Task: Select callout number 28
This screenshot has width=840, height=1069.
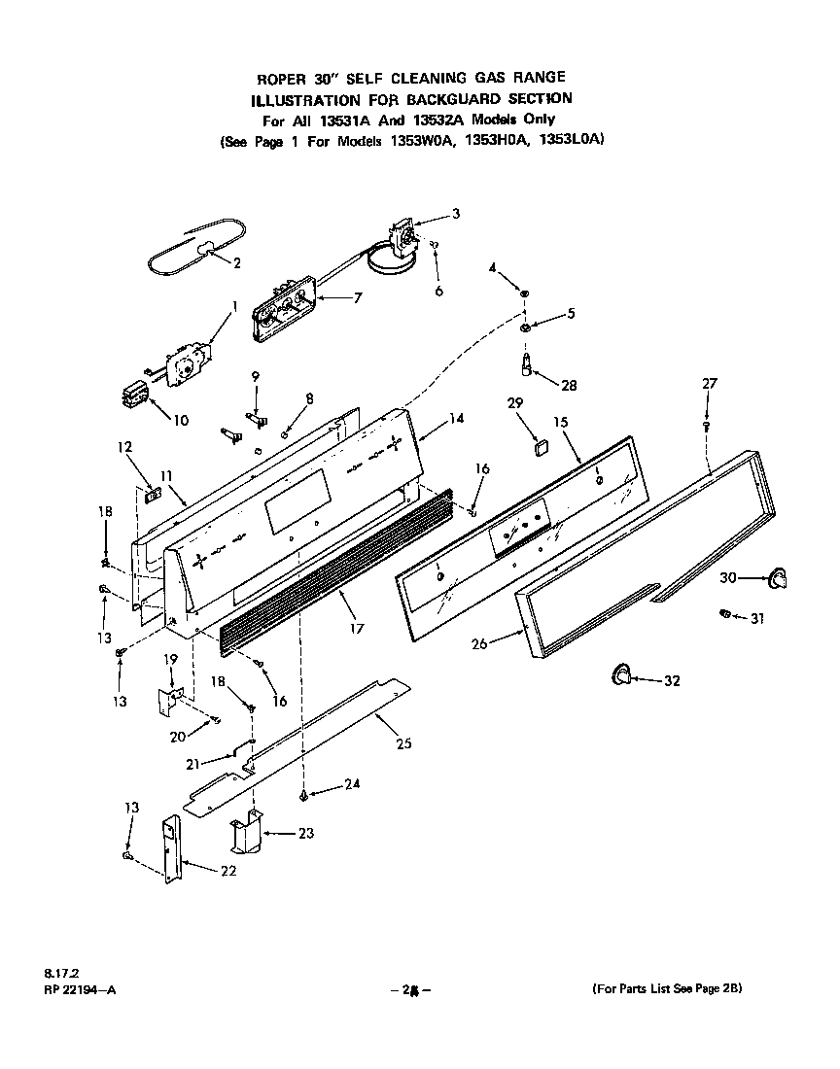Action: click(568, 386)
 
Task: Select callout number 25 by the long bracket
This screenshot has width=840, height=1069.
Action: click(403, 744)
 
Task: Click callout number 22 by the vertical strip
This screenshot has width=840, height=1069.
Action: click(227, 871)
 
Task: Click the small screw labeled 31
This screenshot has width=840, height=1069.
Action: click(723, 613)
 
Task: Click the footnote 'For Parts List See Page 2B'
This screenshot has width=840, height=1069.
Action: click(667, 988)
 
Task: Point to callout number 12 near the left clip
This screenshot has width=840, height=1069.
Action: click(124, 448)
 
